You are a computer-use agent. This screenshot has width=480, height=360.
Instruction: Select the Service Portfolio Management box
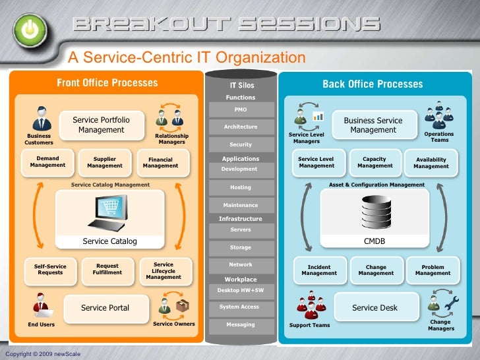click(x=102, y=125)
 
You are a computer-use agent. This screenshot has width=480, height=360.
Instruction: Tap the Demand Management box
click(x=47, y=162)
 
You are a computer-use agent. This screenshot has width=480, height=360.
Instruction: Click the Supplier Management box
click(x=105, y=162)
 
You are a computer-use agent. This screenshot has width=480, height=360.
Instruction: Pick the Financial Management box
click(x=160, y=162)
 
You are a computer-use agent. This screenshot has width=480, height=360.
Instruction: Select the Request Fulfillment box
click(x=107, y=269)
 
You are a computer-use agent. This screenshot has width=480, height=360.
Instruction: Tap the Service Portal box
click(x=105, y=308)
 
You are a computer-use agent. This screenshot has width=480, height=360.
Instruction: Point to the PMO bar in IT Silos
click(x=241, y=109)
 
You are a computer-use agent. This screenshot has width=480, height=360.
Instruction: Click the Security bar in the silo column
click(x=241, y=144)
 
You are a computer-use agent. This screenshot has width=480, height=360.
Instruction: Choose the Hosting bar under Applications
click(x=241, y=187)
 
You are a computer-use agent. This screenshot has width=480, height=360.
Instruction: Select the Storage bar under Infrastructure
click(x=241, y=247)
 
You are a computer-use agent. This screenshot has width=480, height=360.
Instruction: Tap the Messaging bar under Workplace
click(x=241, y=324)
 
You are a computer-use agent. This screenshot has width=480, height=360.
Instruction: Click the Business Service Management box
click(x=373, y=125)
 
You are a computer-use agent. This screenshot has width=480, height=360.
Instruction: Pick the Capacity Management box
click(x=375, y=162)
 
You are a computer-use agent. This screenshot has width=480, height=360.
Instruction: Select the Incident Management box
click(x=319, y=270)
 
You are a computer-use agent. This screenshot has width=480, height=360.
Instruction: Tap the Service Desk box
click(x=375, y=308)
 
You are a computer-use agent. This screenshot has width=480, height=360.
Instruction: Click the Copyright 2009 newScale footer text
click(x=43, y=354)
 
